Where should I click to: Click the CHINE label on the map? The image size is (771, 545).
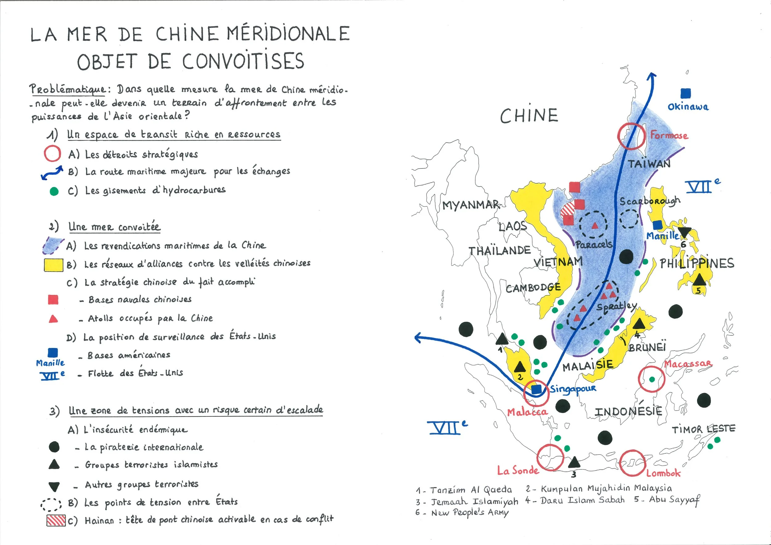pos(529,116)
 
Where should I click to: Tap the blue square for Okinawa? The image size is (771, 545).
pos(685,93)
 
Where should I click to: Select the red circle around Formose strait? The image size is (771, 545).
pos(631,136)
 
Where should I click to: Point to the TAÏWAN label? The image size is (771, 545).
pos(649,163)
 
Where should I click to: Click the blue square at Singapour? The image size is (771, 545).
pos(536,389)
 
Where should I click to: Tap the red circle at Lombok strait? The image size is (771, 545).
pos(633,463)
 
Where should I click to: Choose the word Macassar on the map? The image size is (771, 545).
pos(688,364)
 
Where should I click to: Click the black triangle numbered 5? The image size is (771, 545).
pos(699,279)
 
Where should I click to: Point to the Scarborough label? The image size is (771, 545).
pos(650,201)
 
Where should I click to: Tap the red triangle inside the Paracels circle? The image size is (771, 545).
pos(595,225)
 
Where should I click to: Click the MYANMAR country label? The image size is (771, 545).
pos(470,204)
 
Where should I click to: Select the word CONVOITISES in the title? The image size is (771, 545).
pos(243,61)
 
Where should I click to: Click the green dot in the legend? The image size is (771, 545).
pos(54,191)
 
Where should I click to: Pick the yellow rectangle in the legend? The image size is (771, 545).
pos(53,265)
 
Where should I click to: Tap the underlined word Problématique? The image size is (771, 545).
pos(68,89)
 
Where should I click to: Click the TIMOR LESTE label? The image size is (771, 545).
pos(703,429)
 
